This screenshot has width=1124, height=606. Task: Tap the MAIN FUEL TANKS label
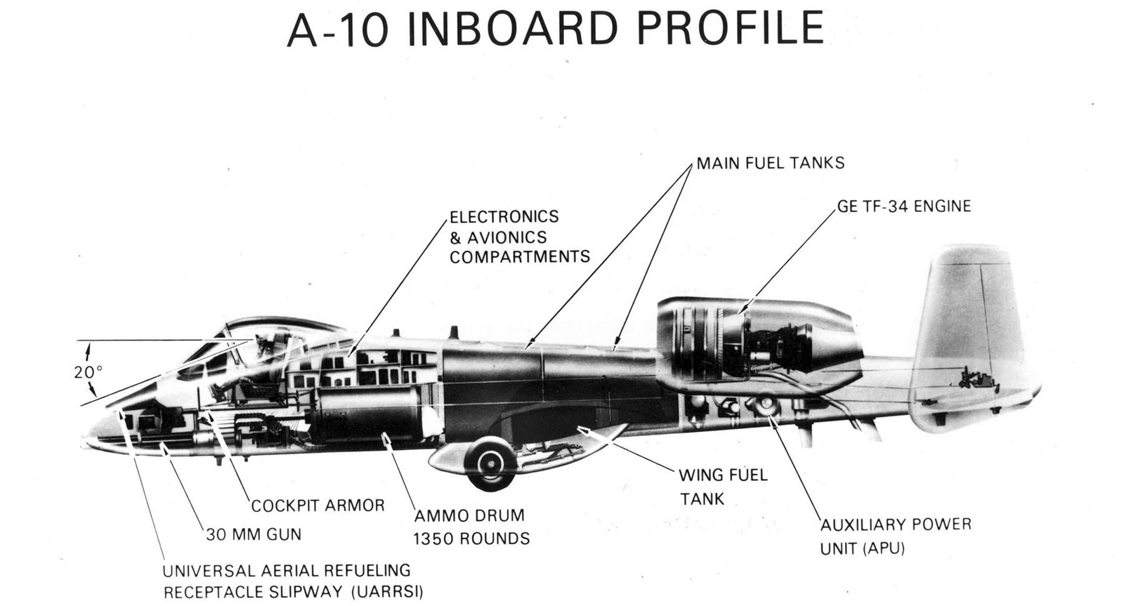point(770,163)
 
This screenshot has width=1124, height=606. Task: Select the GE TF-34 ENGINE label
point(903,206)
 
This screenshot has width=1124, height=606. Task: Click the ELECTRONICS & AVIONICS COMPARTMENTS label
point(519,237)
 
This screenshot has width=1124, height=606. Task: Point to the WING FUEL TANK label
point(722,487)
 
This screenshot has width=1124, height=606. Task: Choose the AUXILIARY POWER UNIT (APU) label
point(896,536)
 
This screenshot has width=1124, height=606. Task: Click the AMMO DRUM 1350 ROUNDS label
point(471,527)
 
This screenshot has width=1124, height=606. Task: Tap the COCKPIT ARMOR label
point(318,506)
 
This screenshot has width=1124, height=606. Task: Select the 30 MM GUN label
point(253,534)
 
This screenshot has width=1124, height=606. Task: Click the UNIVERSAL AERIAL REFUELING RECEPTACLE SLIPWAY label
point(293,581)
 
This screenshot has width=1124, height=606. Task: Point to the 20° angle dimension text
point(89,372)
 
